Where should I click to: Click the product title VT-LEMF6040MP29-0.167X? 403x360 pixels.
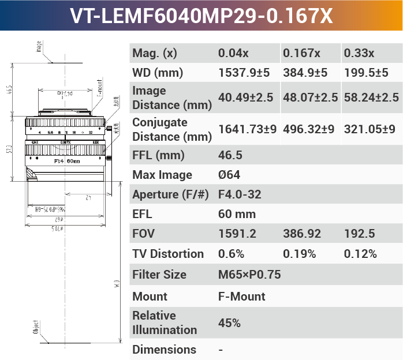point(201,16)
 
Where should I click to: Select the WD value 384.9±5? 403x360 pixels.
point(305,73)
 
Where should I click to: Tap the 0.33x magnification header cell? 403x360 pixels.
point(359,53)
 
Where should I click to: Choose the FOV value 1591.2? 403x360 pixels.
point(237,234)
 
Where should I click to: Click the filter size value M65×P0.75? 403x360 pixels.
point(249,275)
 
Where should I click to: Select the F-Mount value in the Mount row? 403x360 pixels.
point(241,297)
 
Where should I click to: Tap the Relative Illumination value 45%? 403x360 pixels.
point(229,323)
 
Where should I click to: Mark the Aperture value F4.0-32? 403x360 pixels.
point(240,194)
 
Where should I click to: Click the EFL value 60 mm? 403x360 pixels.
point(237,214)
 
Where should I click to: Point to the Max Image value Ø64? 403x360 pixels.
point(229,175)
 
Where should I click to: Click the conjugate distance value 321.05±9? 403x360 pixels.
point(370,129)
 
